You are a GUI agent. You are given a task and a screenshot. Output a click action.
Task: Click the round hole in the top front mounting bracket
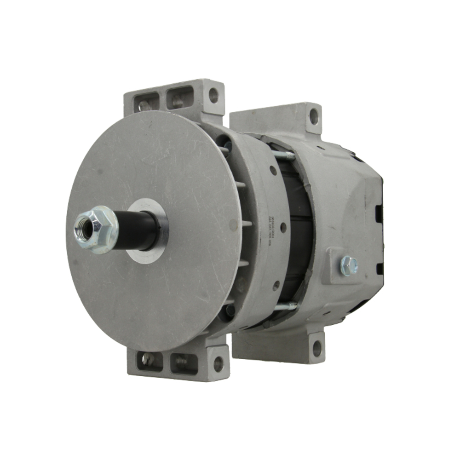click(x=213, y=96)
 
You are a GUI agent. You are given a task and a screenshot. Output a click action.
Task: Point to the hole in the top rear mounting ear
click(x=314, y=116)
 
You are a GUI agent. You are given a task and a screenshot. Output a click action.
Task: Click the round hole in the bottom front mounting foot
click(x=218, y=363)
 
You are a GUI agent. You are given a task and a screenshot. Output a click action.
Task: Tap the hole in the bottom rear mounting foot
click(x=317, y=348)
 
